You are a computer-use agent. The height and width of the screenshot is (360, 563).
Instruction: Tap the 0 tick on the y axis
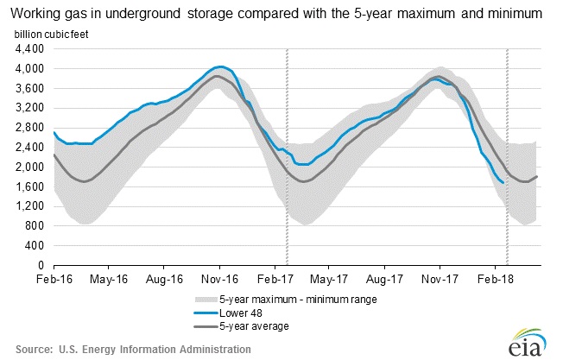tap(41, 265)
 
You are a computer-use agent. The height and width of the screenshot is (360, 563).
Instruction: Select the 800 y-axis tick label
tap(35, 226)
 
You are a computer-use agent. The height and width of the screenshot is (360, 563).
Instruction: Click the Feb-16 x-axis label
tap(54, 280)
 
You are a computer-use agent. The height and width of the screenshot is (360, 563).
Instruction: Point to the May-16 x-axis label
tap(110, 280)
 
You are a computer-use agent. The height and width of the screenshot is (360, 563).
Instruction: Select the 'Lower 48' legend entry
tap(247, 313)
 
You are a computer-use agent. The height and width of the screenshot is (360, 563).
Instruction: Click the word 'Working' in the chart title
tap(39, 12)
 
